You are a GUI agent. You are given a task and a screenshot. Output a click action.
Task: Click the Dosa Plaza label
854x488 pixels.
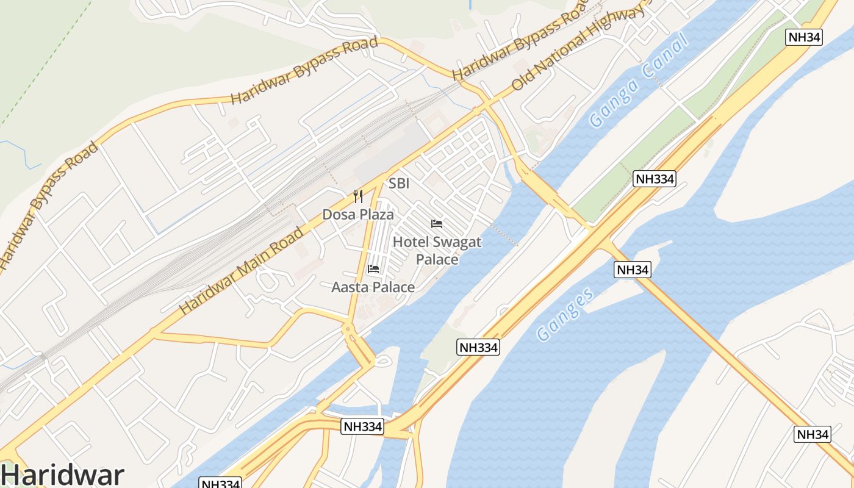358,215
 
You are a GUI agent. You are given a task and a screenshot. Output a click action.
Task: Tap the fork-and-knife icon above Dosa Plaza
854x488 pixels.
358,196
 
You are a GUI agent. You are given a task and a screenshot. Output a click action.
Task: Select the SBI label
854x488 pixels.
399,184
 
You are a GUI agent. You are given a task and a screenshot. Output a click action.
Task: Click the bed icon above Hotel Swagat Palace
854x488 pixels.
437,224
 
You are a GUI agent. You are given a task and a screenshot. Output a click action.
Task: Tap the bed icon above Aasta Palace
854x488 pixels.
373,269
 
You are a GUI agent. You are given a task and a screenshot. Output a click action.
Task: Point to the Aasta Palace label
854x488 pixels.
373,287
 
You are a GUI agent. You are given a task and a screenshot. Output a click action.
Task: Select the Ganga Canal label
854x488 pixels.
639,80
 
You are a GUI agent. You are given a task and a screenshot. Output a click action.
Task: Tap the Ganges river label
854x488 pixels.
565,314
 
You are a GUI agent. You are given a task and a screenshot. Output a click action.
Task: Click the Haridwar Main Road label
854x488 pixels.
241,271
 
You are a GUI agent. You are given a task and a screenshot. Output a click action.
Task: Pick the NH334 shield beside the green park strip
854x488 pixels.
655,179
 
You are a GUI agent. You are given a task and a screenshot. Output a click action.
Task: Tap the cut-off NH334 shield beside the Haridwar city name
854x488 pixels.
221,483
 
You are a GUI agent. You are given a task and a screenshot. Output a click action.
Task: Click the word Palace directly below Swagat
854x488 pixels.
437,259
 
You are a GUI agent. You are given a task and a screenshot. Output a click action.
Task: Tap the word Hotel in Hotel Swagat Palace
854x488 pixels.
407,242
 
